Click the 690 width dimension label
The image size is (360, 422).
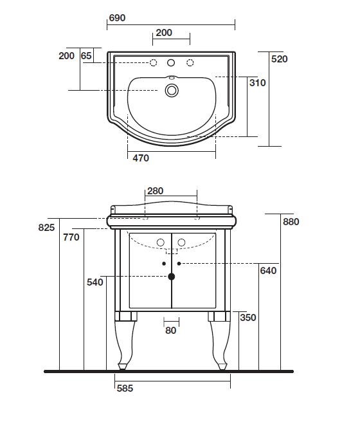[x=117, y=18]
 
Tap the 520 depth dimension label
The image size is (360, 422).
[x=280, y=59]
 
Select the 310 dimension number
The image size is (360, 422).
[x=257, y=83]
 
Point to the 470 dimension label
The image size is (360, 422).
[x=141, y=158]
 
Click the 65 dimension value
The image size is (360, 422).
[x=86, y=56]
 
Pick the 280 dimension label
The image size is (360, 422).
[x=155, y=191]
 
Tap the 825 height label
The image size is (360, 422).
[x=46, y=228]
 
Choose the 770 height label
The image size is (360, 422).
[x=71, y=237]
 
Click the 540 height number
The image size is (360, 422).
[x=95, y=282]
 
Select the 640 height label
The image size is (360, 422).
[x=268, y=270]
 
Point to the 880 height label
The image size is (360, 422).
[x=291, y=222]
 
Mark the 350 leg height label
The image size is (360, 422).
[x=248, y=318]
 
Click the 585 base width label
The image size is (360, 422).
[x=125, y=389]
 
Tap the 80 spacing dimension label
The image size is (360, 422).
[x=171, y=330]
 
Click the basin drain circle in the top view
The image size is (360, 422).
[x=172, y=90]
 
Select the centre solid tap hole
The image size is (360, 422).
[x=171, y=62]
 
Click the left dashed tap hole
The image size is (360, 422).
[x=153, y=62]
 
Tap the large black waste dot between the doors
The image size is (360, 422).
[x=171, y=277]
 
